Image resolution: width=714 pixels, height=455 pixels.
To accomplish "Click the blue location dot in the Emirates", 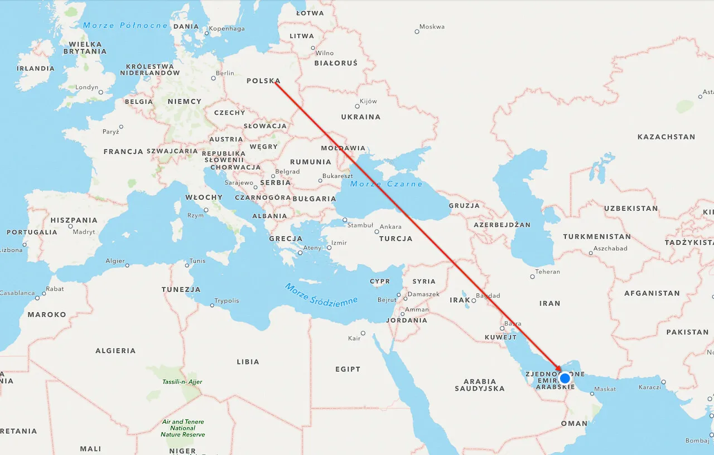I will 565,378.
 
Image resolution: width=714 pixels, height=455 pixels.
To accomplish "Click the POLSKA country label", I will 263,81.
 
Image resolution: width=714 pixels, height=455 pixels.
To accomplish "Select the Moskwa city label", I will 432,27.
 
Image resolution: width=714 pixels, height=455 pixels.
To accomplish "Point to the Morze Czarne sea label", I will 387,184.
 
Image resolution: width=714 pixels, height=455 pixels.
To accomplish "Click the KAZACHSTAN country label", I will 666,137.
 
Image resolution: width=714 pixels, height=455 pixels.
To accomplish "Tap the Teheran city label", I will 547,272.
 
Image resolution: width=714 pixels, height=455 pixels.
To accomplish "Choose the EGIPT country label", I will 348,369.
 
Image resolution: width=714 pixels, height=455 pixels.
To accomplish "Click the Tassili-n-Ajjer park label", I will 182,382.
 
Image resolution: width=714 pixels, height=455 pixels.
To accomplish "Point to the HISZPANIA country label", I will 74,220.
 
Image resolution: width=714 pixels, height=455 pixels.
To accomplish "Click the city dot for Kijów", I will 358,106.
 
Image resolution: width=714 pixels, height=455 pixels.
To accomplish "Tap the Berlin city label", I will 225,73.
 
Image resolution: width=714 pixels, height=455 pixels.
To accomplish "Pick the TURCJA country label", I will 395,239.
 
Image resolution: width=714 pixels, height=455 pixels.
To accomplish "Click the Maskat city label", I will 605,389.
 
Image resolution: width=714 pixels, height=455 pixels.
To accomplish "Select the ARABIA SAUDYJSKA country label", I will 480,385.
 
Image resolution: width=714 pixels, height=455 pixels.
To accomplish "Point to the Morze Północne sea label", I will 126,25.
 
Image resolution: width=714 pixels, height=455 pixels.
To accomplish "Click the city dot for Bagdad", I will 474,300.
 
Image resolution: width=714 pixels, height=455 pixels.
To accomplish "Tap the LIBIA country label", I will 248,362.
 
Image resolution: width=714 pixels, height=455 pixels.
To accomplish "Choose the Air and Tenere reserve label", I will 182,428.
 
